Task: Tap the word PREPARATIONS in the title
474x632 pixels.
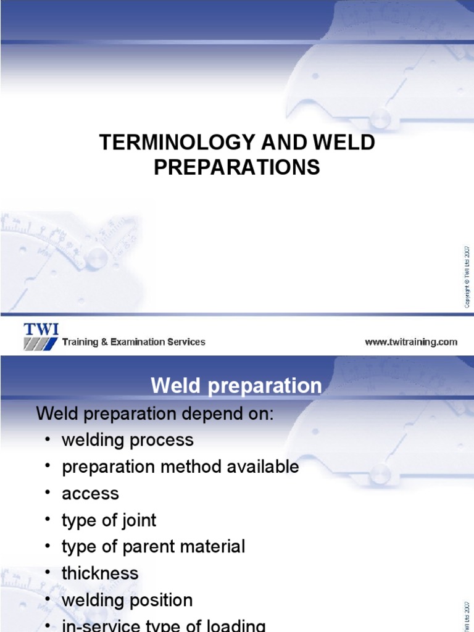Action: point(237,167)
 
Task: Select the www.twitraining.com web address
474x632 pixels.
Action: point(411,342)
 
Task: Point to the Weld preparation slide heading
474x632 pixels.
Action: point(236,386)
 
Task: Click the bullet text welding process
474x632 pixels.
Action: point(127,440)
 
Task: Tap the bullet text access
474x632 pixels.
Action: point(90,493)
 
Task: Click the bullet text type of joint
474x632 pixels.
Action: point(109,520)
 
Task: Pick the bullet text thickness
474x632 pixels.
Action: point(100,573)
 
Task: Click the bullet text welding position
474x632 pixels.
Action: point(127,600)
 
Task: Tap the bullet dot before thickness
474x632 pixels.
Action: point(48,573)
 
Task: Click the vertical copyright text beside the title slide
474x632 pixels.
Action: point(467,276)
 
